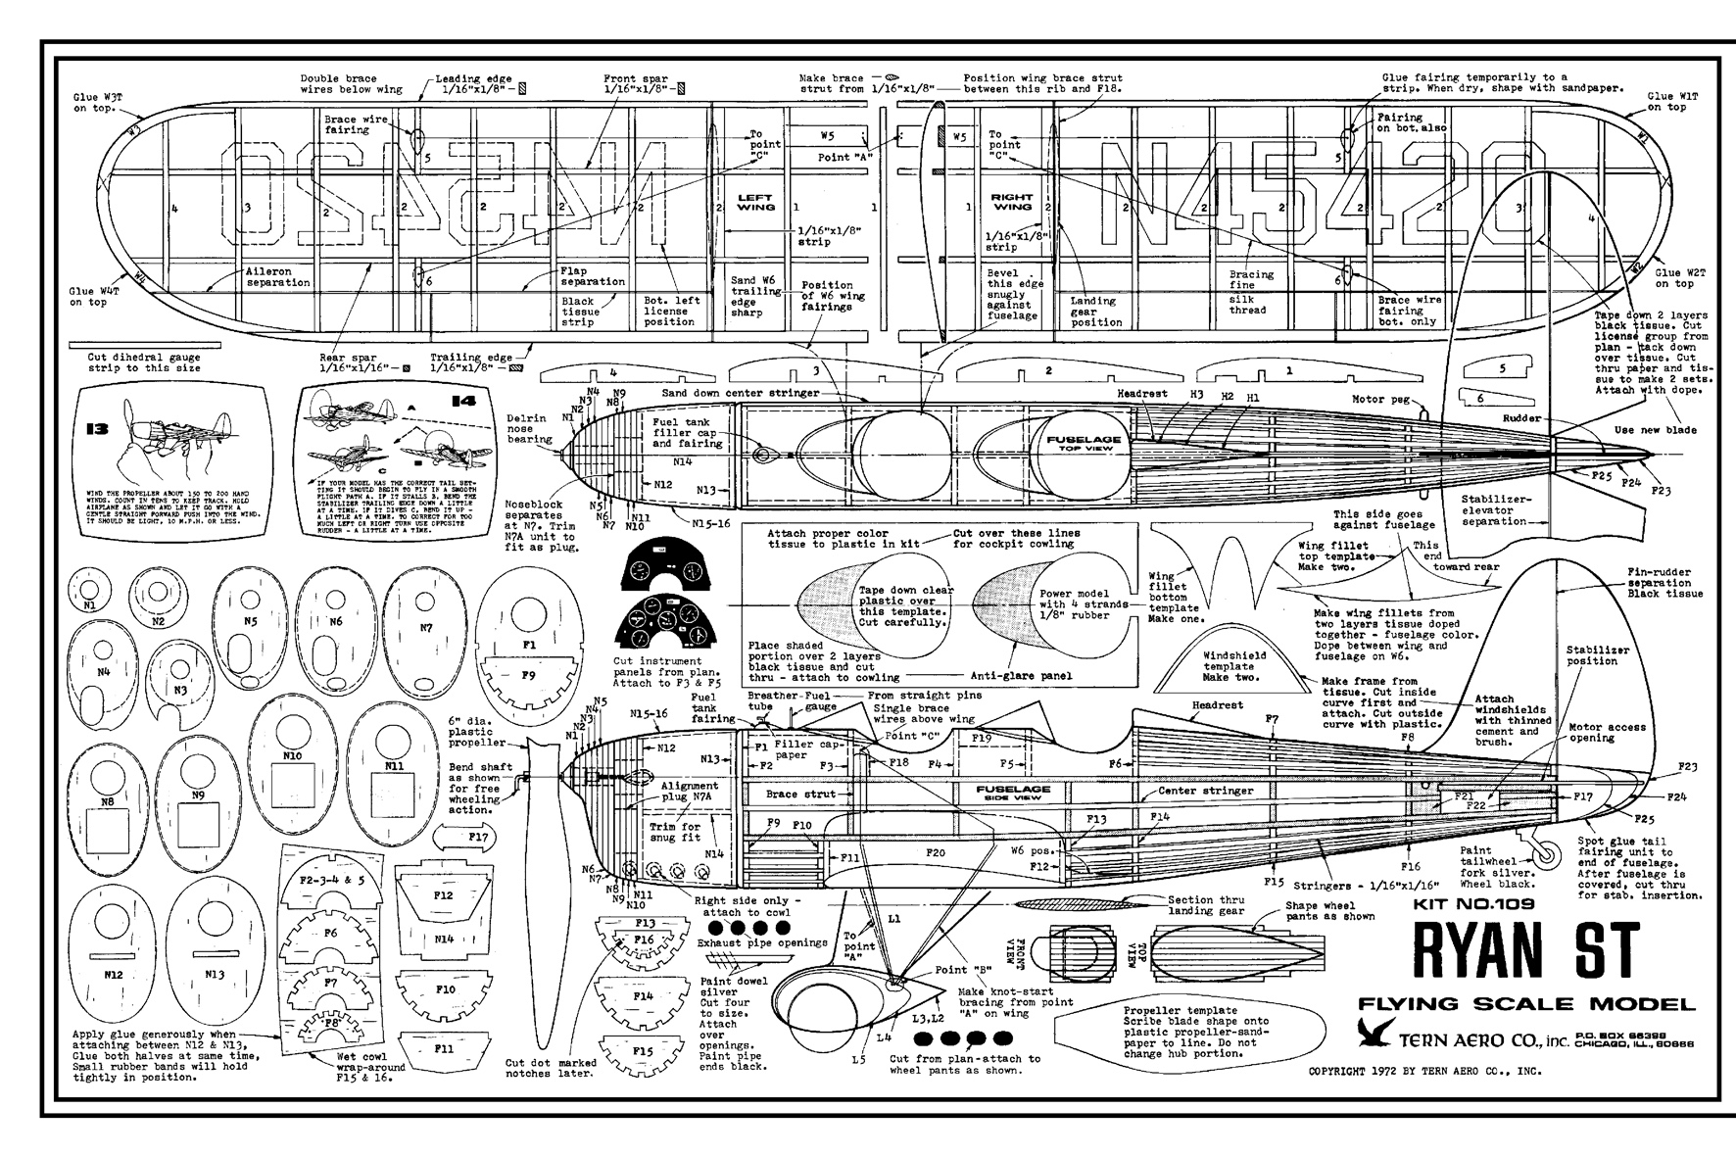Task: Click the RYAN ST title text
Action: [x=1525, y=949]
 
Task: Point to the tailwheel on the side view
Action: [x=1546, y=855]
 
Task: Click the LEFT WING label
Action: [x=755, y=202]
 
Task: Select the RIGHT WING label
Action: [x=1012, y=202]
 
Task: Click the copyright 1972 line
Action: [x=1425, y=1071]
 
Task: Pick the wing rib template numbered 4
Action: [x=612, y=375]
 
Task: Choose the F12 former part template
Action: [x=443, y=896]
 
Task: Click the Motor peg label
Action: [x=1381, y=400]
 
